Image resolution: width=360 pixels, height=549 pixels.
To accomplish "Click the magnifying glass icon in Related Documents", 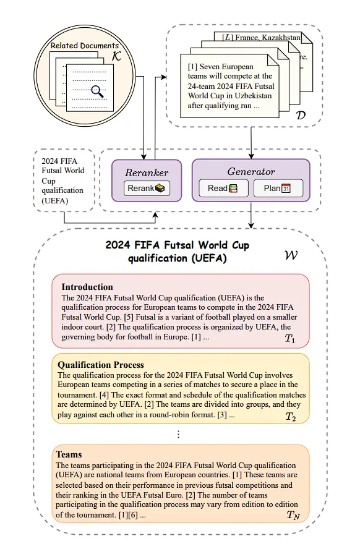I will point(97,92).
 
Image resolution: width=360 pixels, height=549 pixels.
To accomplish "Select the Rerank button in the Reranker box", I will point(147,189).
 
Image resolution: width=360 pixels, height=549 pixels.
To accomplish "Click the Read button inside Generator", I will point(223,189).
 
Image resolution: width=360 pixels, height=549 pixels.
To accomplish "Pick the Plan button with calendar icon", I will point(278,189).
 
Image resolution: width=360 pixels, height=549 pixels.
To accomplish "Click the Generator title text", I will point(251,171).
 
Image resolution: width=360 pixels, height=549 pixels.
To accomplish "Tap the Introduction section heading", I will point(87,287).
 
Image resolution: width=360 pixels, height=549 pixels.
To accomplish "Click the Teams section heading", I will point(69,454).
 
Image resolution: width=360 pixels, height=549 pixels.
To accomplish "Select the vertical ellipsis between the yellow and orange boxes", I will point(179,434).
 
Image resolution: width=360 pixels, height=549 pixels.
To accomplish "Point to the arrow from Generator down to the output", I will point(251,216).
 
